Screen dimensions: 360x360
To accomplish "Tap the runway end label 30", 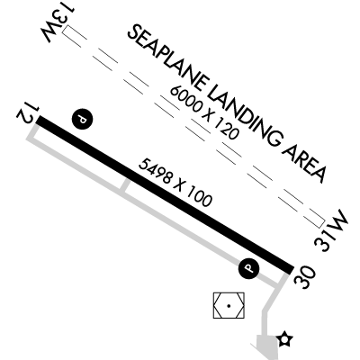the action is point(305,277).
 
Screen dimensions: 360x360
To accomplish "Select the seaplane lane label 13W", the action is point(58,23).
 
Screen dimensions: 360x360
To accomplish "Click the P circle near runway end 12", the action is point(82,119).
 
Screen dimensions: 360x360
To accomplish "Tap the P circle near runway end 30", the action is point(248,268).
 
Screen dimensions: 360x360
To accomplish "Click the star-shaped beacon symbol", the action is point(284,339).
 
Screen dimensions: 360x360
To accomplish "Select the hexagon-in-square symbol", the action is point(229,306).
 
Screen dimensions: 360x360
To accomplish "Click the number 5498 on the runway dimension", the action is point(156,172).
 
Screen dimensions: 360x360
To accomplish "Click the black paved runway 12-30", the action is point(165,194).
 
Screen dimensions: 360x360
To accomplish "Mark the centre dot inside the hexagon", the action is point(229,306).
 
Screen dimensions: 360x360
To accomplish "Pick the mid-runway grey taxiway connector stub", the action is point(126,185).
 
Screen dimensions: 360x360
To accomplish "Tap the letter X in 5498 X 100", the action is point(179,185).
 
